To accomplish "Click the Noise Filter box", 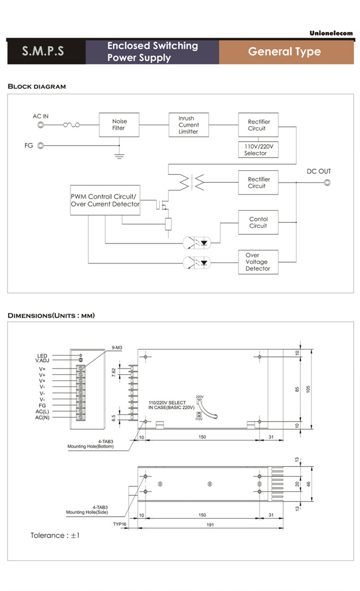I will click(x=119, y=125).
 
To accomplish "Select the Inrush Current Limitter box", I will click(x=189, y=125).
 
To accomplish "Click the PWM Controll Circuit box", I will click(x=105, y=200).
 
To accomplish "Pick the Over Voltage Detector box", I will click(x=257, y=262).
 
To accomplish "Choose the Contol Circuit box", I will click(x=258, y=222).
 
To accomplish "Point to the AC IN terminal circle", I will click(x=40, y=126).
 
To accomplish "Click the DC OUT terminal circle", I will click(x=327, y=183).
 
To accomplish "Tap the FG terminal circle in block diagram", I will click(x=40, y=145).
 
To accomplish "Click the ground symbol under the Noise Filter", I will click(x=119, y=156).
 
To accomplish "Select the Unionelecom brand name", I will click(x=331, y=33).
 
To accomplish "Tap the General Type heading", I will click(x=285, y=51).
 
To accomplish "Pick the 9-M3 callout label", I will click(x=117, y=347).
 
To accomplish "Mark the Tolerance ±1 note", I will click(x=55, y=535).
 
